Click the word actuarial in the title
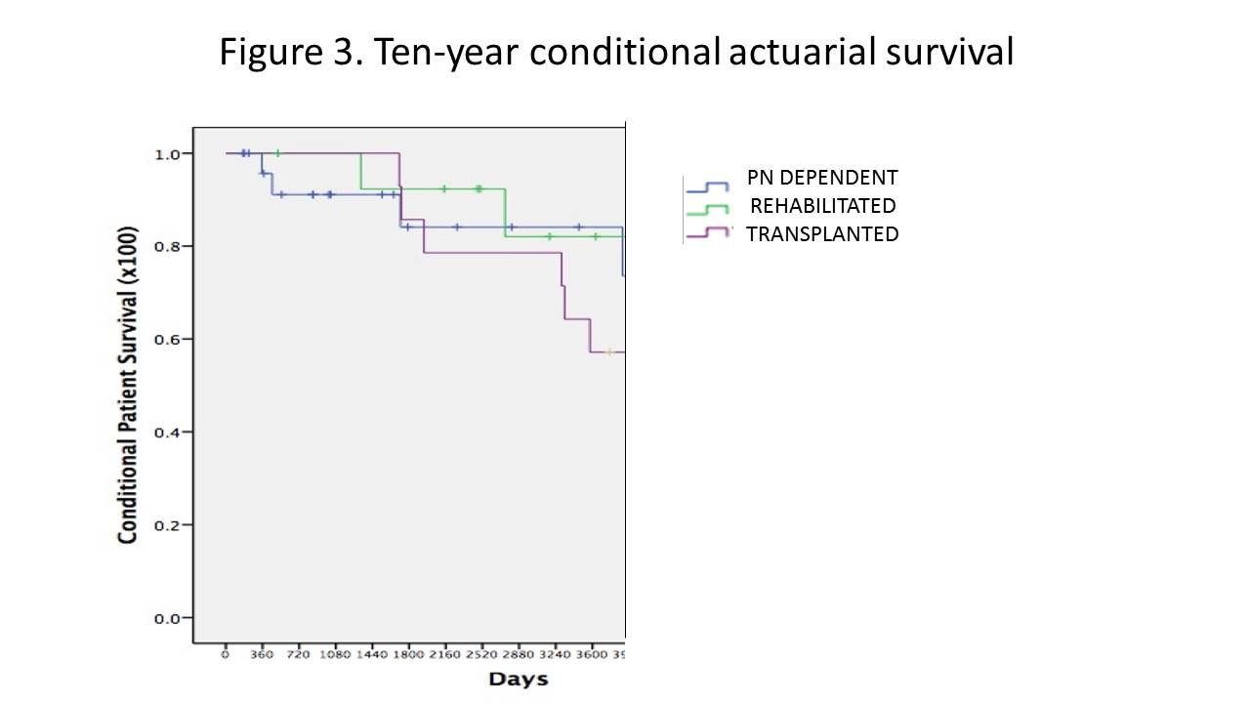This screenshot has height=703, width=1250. [x=802, y=52]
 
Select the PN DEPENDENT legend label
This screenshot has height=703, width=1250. [x=822, y=178]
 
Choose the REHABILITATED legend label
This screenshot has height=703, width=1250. [x=822, y=206]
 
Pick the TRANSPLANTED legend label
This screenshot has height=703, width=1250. [x=822, y=234]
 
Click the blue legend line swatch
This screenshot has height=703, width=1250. [x=708, y=186]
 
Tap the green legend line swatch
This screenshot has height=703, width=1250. [x=708, y=210]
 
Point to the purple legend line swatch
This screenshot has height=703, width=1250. [x=708, y=232]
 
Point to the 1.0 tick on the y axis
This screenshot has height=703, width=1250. [x=167, y=153]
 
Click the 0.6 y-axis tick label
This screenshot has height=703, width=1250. [x=167, y=339]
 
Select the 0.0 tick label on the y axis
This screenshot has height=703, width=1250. [x=167, y=618]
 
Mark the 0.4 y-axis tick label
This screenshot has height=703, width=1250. [x=167, y=432]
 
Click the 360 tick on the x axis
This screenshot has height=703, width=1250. [x=262, y=654]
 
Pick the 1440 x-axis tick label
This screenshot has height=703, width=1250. [x=372, y=654]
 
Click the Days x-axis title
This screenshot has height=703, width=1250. [x=519, y=679]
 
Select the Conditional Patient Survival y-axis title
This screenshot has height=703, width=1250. [x=127, y=386]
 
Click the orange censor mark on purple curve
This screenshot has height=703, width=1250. [x=609, y=351]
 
